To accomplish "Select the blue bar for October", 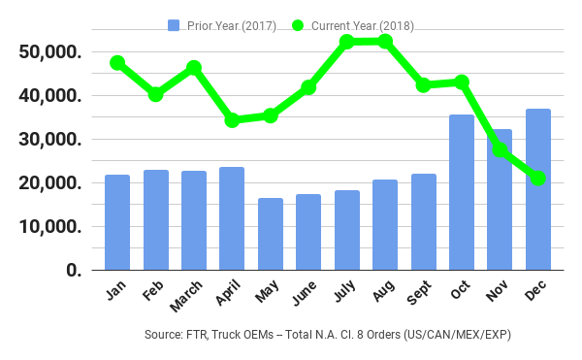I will (462, 192).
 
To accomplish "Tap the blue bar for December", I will (537, 189).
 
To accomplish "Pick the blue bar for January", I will (117, 222).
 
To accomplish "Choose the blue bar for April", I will (232, 218).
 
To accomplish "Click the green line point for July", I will (347, 42).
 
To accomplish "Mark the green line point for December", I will (538, 179).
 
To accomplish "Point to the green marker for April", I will (232, 120).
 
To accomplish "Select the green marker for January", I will (117, 63).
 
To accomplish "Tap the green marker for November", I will (501, 149).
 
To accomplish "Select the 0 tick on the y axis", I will (73, 271).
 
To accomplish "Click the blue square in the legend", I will (174, 25).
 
